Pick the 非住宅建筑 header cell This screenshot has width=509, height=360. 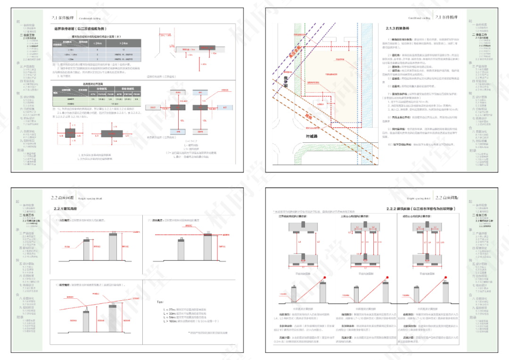[x=128, y=88]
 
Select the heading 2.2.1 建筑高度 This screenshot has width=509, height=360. [x=66, y=209]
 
